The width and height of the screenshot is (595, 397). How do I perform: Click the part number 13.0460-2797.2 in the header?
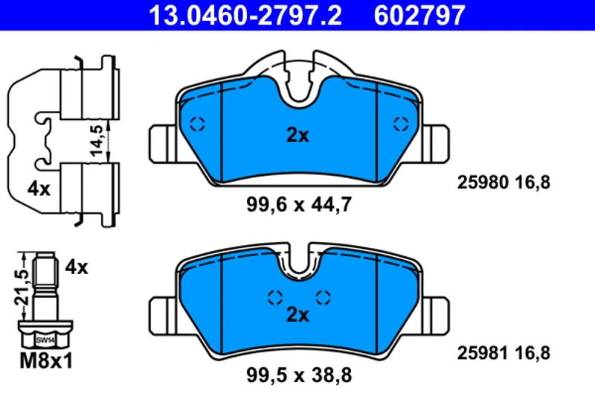[245, 15]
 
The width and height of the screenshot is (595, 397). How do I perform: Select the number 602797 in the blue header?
[419, 15]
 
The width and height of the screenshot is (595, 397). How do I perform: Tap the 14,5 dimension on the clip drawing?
[97, 140]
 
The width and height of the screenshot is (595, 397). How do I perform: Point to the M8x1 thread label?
[46, 361]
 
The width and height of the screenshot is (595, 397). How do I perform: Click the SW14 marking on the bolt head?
[45, 340]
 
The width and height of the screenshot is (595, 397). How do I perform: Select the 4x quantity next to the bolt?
[77, 267]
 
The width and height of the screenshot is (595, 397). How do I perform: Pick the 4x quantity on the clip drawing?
[39, 188]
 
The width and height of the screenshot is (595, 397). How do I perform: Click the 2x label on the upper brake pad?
[298, 135]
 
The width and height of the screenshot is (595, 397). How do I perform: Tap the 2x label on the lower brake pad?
[298, 314]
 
